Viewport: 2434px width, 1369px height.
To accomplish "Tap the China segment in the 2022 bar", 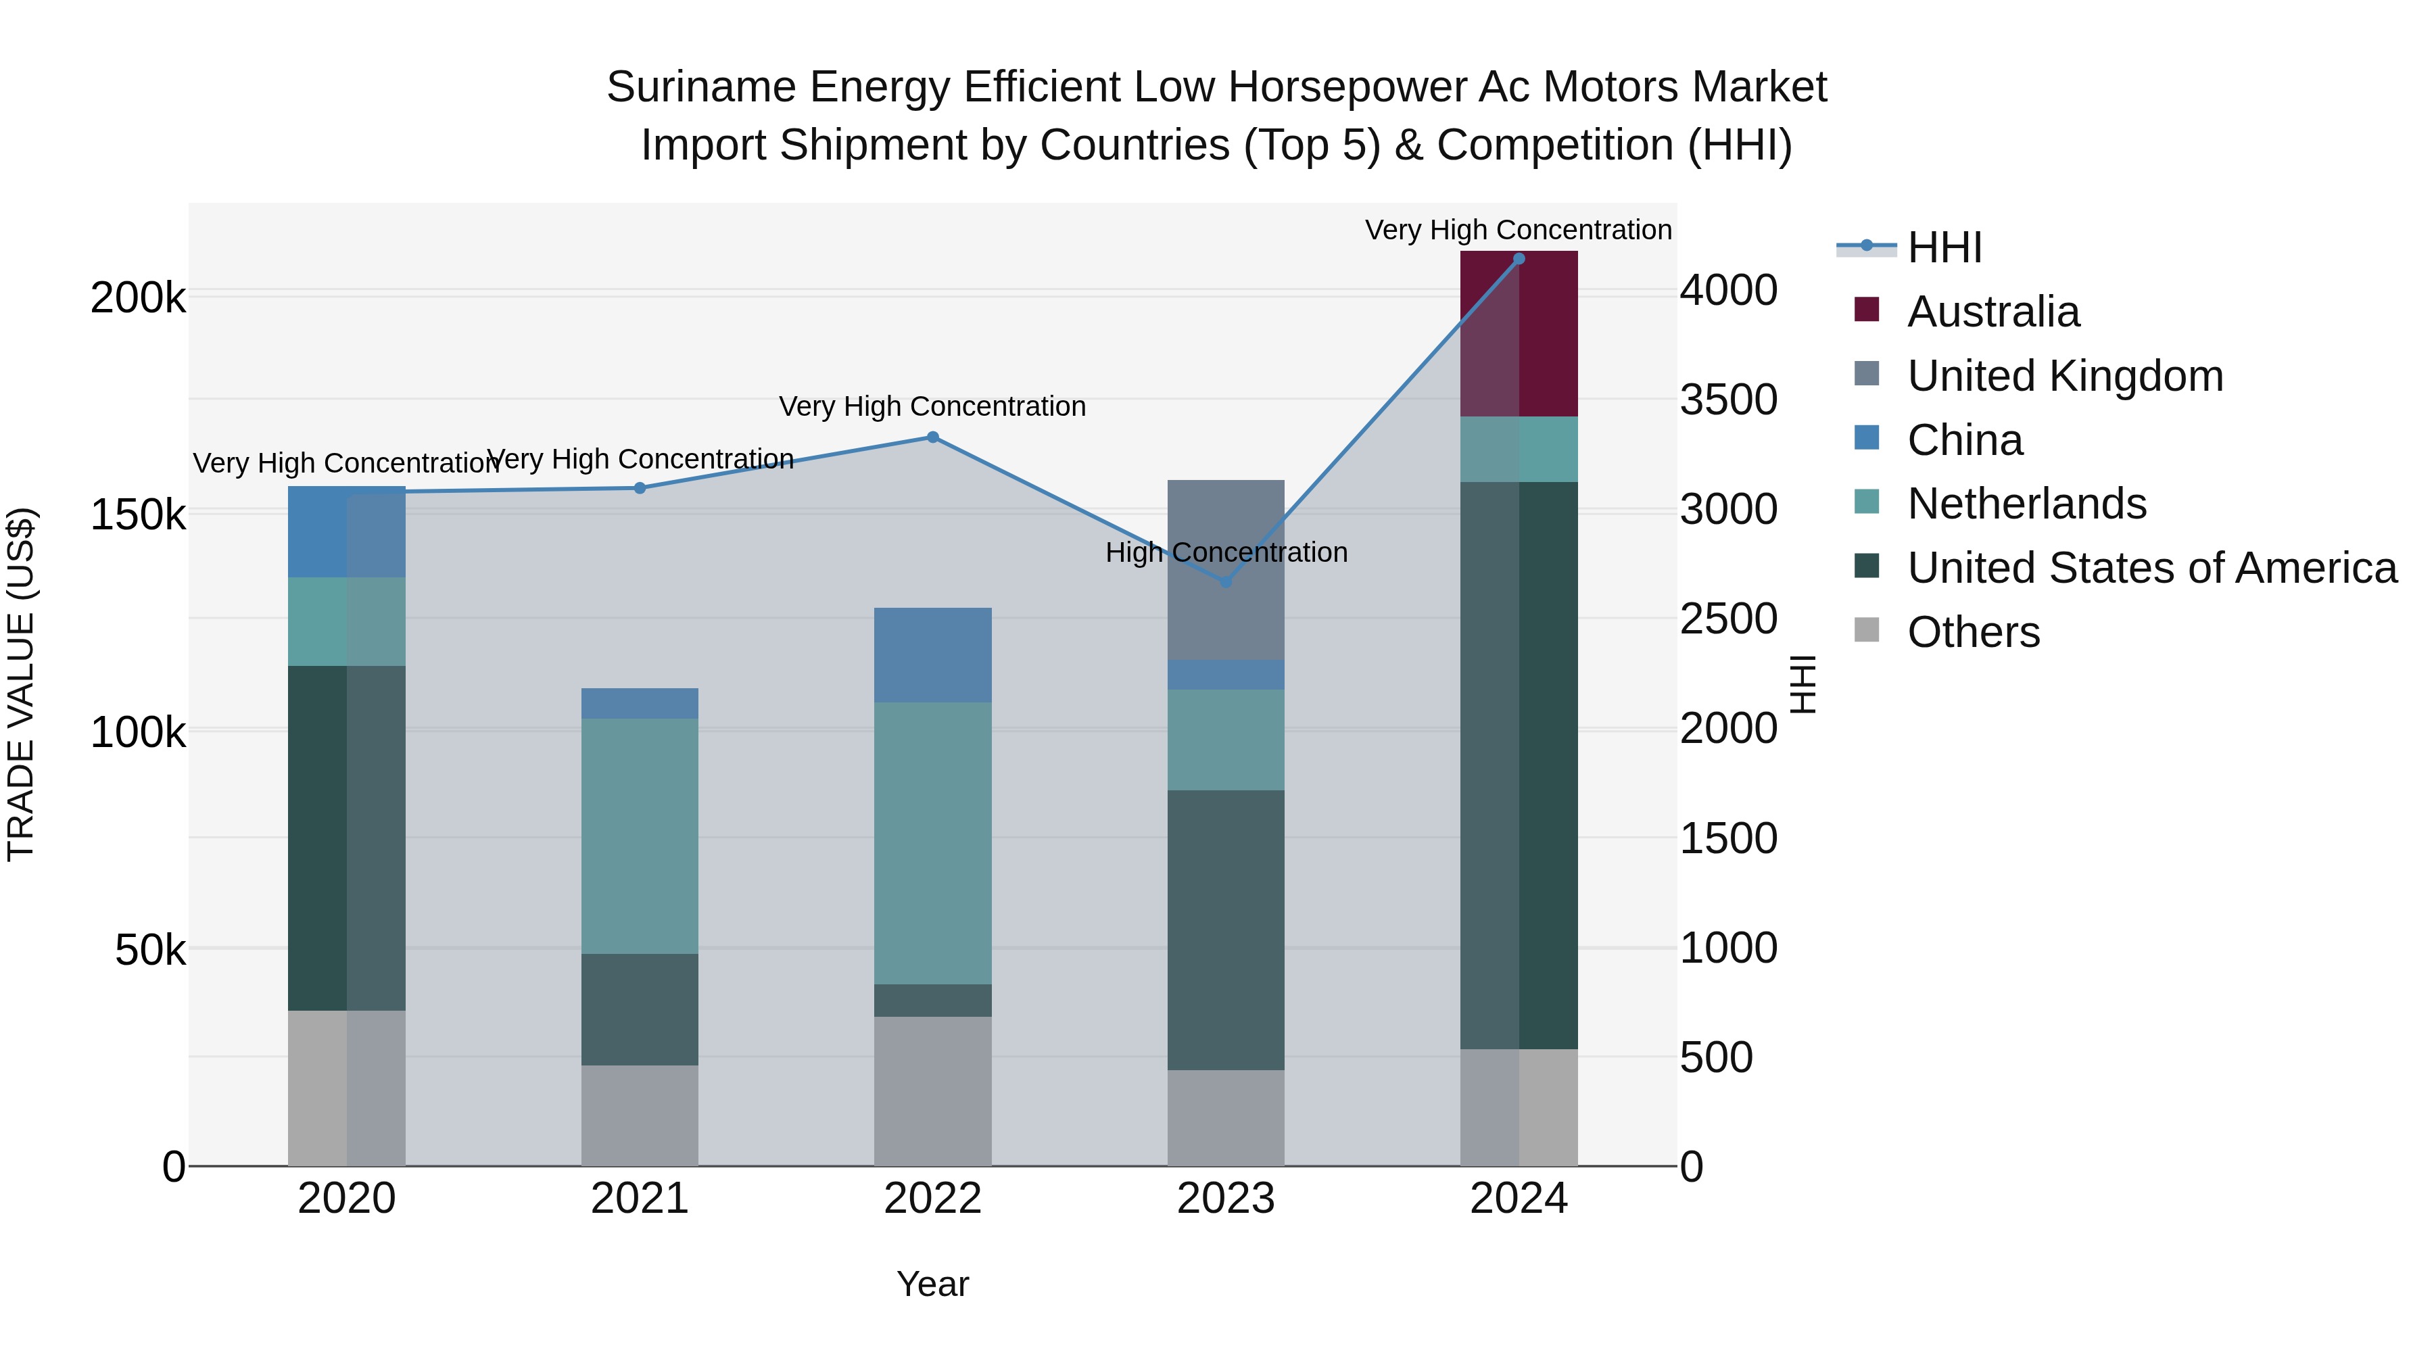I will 932,654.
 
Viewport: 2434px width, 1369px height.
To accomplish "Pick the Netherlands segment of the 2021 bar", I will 640,836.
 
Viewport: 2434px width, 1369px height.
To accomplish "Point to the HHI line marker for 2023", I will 1226,582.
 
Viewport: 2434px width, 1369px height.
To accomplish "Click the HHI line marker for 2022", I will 932,437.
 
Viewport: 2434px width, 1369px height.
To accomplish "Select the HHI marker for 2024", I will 1519,259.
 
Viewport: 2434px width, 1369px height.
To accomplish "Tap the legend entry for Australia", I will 1992,312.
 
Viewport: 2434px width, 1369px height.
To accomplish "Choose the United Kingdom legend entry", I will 2065,376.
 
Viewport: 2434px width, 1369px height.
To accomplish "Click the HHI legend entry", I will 1944,247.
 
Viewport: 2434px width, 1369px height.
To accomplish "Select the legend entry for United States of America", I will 2151,568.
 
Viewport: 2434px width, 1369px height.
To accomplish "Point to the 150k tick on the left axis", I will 138,516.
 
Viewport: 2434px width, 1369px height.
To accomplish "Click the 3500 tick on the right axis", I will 1728,400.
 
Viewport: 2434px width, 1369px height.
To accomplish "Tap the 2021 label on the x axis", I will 640,1199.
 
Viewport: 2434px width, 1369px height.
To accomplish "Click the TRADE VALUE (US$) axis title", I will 22,684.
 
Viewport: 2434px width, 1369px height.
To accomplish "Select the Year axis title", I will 932,1284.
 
